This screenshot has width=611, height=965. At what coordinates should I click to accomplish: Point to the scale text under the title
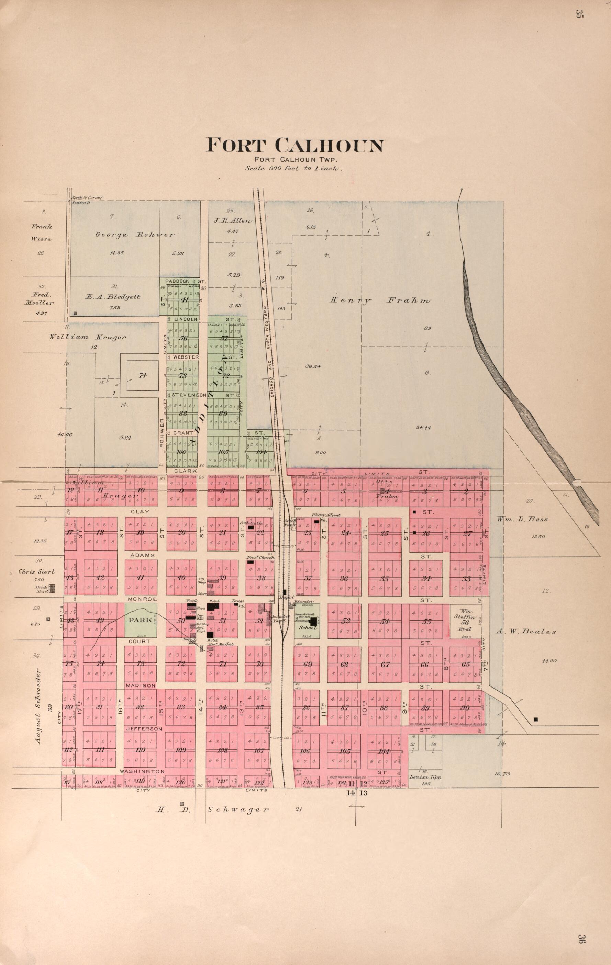[x=293, y=169]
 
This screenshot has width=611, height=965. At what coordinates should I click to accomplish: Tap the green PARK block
[x=140, y=620]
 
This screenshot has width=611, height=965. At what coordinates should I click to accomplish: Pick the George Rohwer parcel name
[x=135, y=235]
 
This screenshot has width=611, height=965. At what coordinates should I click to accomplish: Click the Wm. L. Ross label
[x=522, y=519]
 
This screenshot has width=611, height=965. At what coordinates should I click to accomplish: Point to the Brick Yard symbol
[x=51, y=588]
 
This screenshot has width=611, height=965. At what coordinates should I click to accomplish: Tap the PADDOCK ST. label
[x=182, y=281]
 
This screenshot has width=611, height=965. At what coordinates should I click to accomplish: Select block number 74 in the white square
[x=143, y=375]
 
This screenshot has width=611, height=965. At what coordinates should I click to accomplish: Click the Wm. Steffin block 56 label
[x=465, y=620]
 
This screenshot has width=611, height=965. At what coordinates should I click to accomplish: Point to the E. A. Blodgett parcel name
[x=113, y=297]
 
